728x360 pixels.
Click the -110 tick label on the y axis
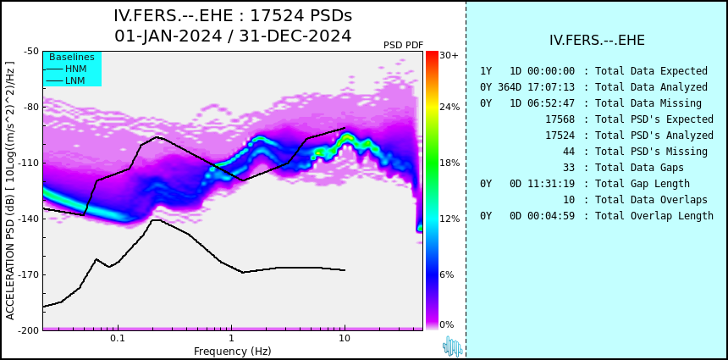point(30,163)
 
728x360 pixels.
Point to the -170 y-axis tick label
point(30,274)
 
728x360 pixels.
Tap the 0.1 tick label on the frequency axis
point(118,338)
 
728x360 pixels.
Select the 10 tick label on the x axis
point(345,338)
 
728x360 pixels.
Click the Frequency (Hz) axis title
point(232,351)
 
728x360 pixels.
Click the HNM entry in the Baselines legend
point(75,69)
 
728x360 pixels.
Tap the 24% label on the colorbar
point(449,107)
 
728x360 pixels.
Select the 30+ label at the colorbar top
point(449,55)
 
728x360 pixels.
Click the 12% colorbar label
point(449,219)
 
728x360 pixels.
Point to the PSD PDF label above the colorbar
point(404,45)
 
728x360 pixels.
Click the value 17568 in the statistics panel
point(560,119)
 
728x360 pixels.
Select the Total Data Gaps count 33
point(568,167)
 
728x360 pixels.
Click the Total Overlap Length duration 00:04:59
point(550,215)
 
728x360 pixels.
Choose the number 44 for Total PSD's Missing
point(568,152)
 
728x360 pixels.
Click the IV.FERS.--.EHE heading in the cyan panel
point(597,41)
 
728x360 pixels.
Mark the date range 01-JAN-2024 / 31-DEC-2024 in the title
point(233,36)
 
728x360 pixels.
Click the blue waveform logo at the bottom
point(452,346)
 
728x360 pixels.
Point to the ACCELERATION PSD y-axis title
point(10,191)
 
